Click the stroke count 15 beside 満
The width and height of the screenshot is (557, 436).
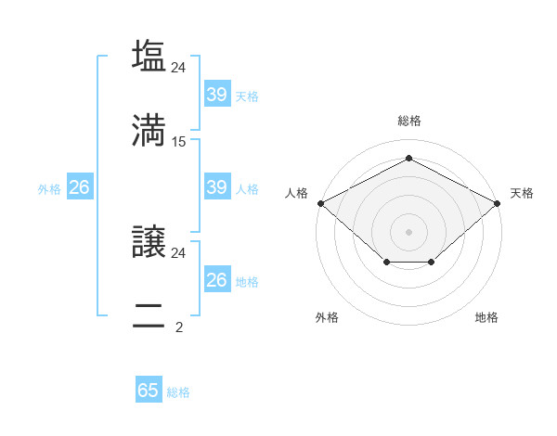pyautogui.click(x=179, y=142)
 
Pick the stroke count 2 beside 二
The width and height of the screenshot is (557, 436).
pyautogui.click(x=179, y=327)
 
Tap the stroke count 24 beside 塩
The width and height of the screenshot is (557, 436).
pyautogui.click(x=179, y=67)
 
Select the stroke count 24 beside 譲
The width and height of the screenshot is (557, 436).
pyautogui.click(x=179, y=252)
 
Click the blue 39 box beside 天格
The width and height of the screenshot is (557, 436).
pyautogui.click(x=216, y=95)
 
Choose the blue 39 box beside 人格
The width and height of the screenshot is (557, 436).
pyautogui.click(x=216, y=187)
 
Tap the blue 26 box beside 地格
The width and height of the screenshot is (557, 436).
pyautogui.click(x=216, y=280)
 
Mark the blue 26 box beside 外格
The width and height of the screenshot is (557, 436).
pyautogui.click(x=79, y=187)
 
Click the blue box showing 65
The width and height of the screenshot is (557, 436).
pyautogui.click(x=149, y=391)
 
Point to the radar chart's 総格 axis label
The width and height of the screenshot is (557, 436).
pyautogui.click(x=408, y=121)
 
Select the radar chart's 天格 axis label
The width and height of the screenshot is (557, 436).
pyautogui.click(x=522, y=193)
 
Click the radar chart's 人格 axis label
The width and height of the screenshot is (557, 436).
pyautogui.click(x=296, y=193)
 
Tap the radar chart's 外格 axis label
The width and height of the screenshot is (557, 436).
pyautogui.click(x=327, y=317)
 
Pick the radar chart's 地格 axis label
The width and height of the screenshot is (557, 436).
pyautogui.click(x=486, y=317)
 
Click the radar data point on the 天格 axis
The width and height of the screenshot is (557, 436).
pyautogui.click(x=498, y=202)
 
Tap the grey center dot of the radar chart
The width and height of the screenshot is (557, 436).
pyautogui.click(x=408, y=231)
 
